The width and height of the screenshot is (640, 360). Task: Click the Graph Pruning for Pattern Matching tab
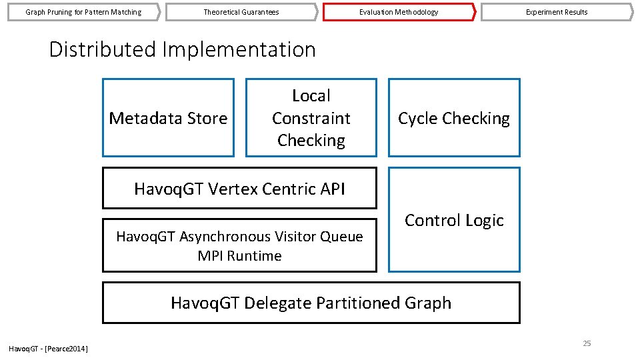(83, 12)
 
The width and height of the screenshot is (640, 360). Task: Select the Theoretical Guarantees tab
(241, 12)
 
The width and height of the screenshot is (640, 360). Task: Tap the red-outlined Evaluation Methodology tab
(399, 12)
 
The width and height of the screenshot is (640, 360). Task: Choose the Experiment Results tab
(556, 12)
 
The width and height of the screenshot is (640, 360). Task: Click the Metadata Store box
(168, 118)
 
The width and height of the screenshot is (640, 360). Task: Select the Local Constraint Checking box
(311, 118)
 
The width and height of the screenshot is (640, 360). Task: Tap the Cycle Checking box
(453, 118)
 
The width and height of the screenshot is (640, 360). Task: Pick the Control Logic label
(454, 221)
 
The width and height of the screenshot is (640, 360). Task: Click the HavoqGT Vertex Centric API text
(239, 189)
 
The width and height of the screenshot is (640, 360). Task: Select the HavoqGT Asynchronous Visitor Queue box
(239, 245)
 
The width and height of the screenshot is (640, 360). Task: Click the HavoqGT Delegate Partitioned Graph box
(311, 303)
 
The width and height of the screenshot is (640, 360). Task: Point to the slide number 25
(587, 343)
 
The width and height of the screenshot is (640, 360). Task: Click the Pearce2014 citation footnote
(48, 349)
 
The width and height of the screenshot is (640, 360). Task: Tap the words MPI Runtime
(239, 256)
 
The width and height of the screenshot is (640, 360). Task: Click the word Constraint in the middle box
(311, 118)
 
